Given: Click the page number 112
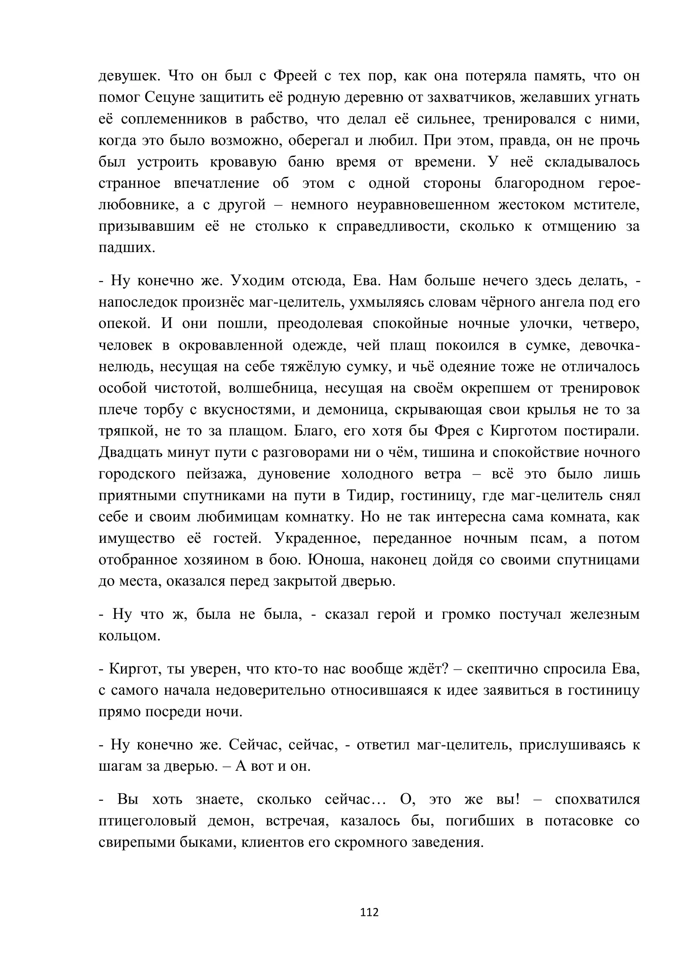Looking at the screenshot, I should pyautogui.click(x=369, y=912).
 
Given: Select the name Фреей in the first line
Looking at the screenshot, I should pyautogui.click(x=295, y=76).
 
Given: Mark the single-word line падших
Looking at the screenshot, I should pyautogui.click(x=127, y=248).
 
